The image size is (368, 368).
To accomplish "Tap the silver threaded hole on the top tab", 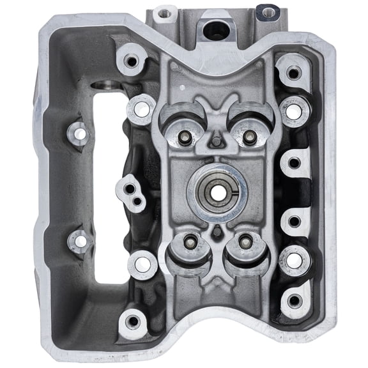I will click(165, 11).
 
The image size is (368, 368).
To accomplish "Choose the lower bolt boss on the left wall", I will click(80, 241).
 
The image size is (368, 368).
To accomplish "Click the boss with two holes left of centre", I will click(132, 192).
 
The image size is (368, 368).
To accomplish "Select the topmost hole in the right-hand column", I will click(293, 74).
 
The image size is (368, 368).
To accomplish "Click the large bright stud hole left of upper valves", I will click(142, 110).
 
